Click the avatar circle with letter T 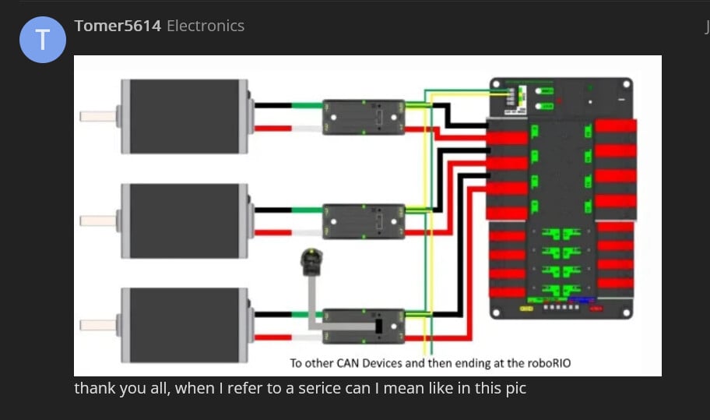[41, 40]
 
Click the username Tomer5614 [118, 26]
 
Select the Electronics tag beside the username [206, 26]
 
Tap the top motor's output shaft [97, 116]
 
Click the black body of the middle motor [184, 221]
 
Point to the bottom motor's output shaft [97, 324]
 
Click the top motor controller [364, 117]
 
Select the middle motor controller [364, 221]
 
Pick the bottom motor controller [364, 325]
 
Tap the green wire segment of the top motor [307, 106]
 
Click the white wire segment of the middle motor [307, 232]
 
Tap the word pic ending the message [516, 387]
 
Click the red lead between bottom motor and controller [272, 337]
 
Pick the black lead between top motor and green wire [272, 106]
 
